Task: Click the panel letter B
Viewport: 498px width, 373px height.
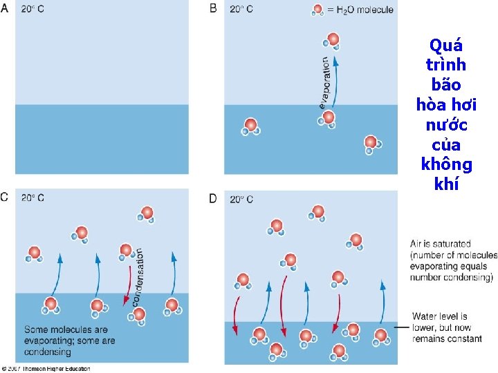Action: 214,9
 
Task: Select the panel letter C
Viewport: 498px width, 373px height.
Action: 6,198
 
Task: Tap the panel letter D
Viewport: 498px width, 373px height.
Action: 214,198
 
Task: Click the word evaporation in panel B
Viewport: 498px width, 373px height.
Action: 323,82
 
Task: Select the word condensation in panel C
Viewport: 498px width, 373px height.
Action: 138,277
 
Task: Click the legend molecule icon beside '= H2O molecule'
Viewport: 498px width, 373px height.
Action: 317,10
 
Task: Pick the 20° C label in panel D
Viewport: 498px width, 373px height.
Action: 240,199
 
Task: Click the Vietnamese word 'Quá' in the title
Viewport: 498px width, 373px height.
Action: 446,46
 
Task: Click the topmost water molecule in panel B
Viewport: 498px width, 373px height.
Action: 333,41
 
